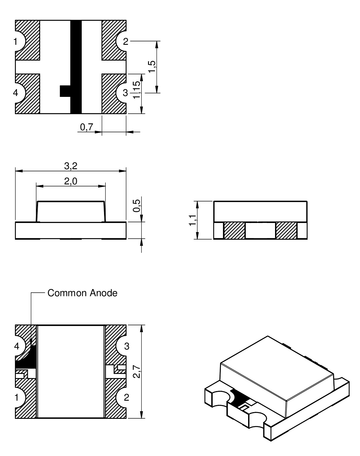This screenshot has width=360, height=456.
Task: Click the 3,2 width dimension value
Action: (x=71, y=166)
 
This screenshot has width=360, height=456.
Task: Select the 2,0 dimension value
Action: (x=71, y=182)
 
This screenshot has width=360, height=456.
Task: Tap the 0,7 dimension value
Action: (x=86, y=127)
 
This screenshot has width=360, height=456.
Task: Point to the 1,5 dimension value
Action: (x=152, y=67)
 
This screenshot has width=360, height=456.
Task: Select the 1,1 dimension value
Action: (x=192, y=220)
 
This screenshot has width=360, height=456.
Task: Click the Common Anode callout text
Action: (x=82, y=293)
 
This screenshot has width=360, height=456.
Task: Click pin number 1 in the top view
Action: (x=16, y=42)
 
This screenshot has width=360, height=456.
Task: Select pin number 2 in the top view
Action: (x=126, y=42)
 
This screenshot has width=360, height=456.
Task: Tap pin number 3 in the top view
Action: (x=125, y=93)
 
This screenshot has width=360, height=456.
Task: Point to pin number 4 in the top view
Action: (x=16, y=93)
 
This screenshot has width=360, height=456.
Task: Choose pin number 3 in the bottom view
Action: (x=127, y=347)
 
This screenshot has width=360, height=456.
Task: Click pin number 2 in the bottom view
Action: (x=127, y=397)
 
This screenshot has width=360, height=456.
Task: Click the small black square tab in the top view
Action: (x=65, y=91)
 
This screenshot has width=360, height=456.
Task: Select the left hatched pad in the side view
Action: (x=234, y=231)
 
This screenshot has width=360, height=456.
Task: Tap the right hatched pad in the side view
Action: (x=286, y=231)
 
